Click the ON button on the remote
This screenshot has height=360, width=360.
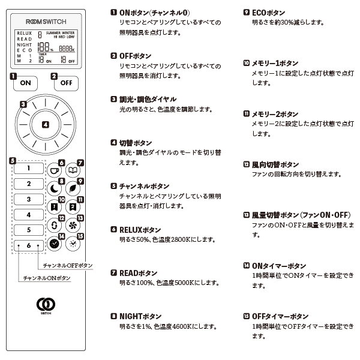pyautogui.click(x=25, y=83)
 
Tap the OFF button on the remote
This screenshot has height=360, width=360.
pyautogui.click(x=66, y=83)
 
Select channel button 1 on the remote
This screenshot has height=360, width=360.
pyautogui.click(x=28, y=169)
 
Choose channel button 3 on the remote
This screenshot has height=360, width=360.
pyautogui.click(x=28, y=199)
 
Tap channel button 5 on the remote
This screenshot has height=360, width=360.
pyautogui.click(x=28, y=230)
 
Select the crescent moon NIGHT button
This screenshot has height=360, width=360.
pyautogui.click(x=55, y=188)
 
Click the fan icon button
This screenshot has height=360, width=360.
pyautogui.click(x=73, y=226)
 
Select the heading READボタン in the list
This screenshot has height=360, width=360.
pyautogui.click(x=139, y=272)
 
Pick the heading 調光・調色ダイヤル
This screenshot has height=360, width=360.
pyautogui.click(x=148, y=99)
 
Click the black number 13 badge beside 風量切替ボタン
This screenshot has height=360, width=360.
pyautogui.click(x=246, y=215)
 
